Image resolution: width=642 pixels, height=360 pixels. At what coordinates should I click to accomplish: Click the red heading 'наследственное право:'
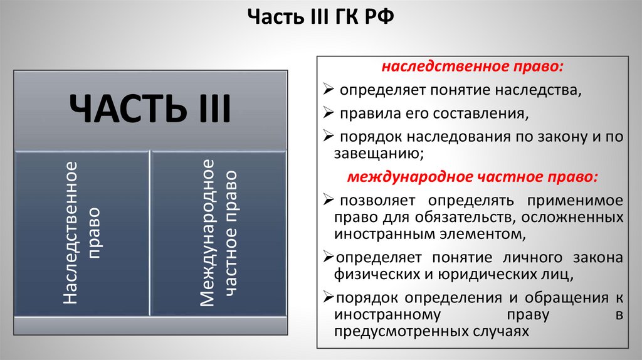(473, 67)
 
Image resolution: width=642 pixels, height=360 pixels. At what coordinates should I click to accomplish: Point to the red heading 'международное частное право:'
(473, 177)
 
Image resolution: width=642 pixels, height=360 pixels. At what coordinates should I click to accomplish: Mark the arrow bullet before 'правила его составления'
(329, 114)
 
